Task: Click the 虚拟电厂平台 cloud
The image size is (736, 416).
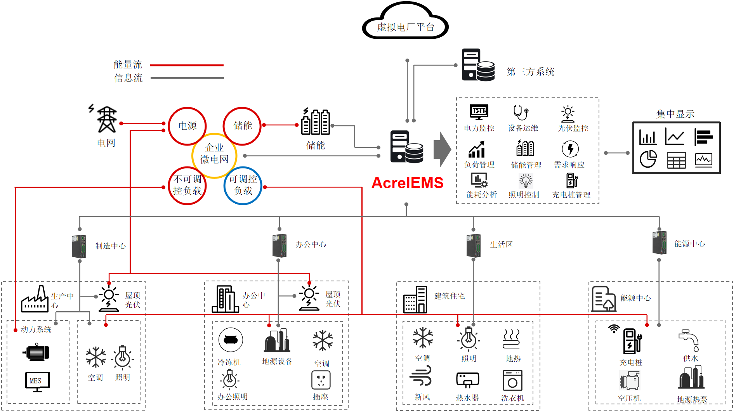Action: coord(405,23)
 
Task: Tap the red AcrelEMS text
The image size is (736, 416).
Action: coord(407,183)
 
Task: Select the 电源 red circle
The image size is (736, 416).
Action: coord(187,126)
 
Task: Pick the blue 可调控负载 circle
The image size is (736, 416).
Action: coord(243,185)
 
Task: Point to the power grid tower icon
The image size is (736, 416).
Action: coord(106,120)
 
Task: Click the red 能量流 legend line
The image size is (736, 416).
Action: coord(187,65)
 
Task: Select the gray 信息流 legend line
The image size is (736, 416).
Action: coord(187,78)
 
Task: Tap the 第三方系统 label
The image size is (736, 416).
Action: coord(530,72)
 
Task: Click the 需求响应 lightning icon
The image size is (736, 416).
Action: coord(570,149)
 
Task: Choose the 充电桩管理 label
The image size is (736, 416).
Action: coord(571,195)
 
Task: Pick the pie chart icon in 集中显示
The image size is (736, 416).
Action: coord(648,159)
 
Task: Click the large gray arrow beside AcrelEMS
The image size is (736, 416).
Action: coord(442,149)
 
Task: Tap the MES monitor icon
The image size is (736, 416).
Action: coord(37,381)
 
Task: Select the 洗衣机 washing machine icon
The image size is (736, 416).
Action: coord(512,380)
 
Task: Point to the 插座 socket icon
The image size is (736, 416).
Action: coord(321,380)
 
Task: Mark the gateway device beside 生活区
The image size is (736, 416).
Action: coord(474,245)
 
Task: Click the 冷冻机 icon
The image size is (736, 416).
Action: coord(231,340)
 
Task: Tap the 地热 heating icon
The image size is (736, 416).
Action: coord(511,339)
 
